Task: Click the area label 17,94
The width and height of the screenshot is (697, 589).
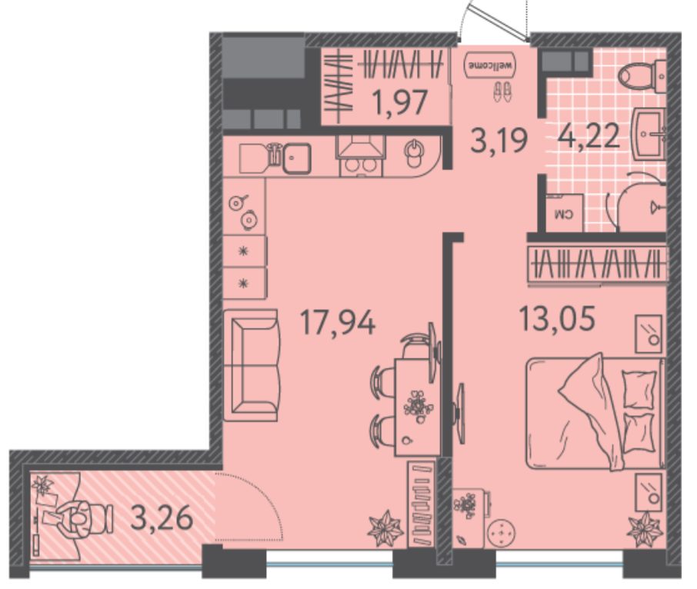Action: (x=338, y=322)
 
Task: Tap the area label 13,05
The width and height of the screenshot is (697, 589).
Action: (x=557, y=318)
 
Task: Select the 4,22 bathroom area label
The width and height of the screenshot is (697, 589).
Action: (x=589, y=135)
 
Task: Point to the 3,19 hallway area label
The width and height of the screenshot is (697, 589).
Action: (x=499, y=140)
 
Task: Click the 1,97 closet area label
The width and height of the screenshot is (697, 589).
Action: (x=401, y=102)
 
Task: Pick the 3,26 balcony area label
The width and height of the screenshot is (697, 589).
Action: (x=162, y=517)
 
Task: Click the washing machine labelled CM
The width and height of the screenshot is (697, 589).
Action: (x=565, y=213)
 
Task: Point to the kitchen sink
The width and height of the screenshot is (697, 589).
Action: (x=297, y=158)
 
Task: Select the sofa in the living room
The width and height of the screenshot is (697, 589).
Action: (x=252, y=365)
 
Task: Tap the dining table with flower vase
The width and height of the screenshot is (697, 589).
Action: (x=417, y=408)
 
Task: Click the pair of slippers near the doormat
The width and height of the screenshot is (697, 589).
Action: (x=502, y=92)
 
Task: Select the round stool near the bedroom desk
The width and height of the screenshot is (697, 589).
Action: (x=501, y=532)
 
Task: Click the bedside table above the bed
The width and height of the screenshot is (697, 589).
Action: (x=648, y=333)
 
